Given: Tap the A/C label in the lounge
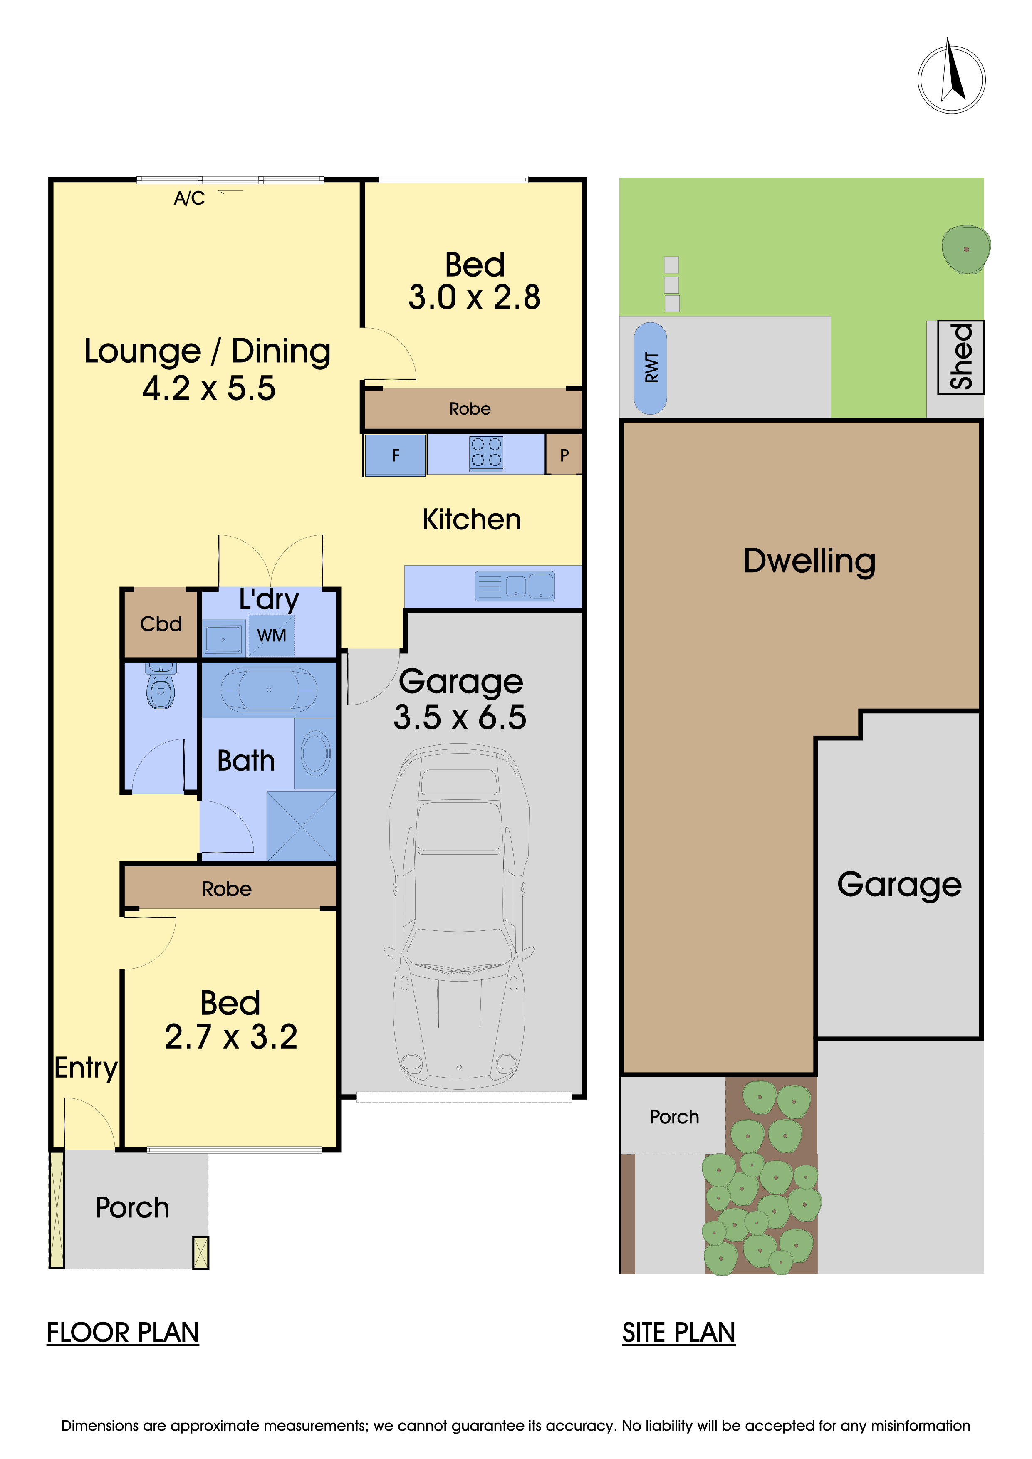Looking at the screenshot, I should [189, 199].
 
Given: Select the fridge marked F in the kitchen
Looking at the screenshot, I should [395, 455].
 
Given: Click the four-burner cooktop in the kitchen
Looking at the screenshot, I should [486, 454].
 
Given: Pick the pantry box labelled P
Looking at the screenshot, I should [564, 455].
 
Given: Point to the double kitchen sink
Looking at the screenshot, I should [515, 586].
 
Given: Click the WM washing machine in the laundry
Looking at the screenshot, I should [271, 636].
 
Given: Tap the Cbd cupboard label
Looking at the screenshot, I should [161, 624].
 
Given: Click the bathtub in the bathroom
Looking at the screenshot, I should [269, 690].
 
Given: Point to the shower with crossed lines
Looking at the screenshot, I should [301, 826].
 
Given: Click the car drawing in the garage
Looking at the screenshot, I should [459, 915].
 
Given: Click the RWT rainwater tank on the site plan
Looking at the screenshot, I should [651, 368].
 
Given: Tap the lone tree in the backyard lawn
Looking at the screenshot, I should [965, 249].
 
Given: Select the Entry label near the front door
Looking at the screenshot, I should [86, 1068].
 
